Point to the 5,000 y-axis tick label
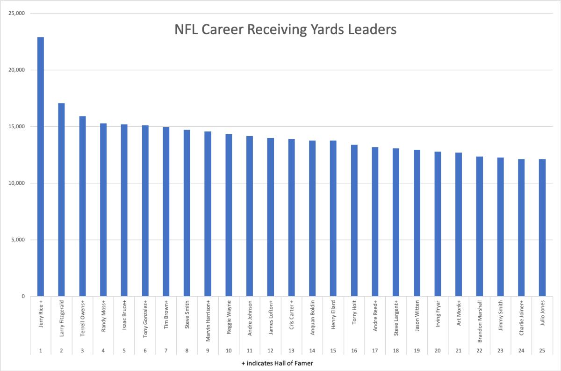pyautogui.click(x=18, y=240)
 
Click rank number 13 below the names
pyautogui.click(x=291, y=350)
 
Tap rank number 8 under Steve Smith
pyautogui.click(x=187, y=350)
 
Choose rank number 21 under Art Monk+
pyautogui.click(x=458, y=350)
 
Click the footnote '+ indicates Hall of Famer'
pyautogui.click(x=280, y=363)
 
